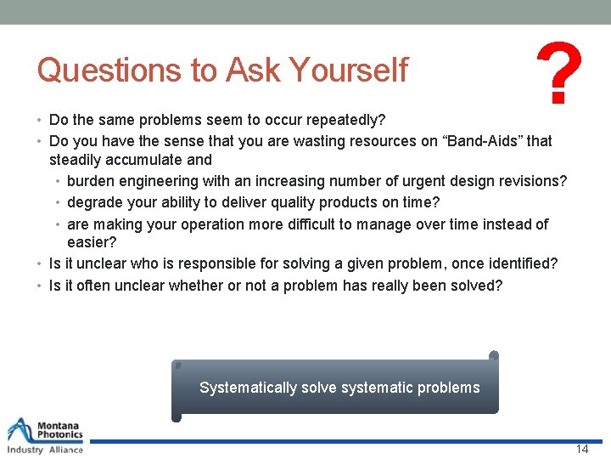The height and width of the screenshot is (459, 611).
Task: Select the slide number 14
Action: point(581,449)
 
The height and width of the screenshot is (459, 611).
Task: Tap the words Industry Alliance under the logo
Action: point(45,450)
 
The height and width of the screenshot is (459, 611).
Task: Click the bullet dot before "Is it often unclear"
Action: point(41,286)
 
